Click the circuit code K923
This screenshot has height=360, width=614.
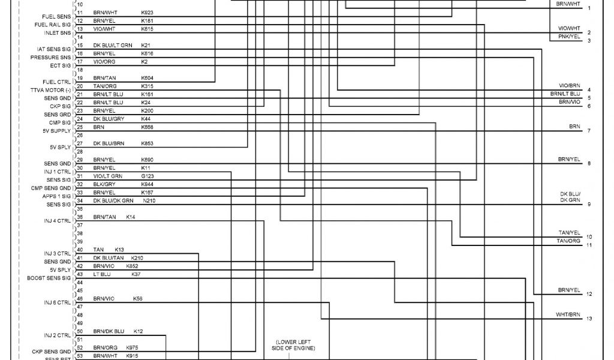pos(147,12)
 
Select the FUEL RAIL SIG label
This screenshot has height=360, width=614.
pos(53,25)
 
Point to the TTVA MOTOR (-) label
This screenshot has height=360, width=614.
pos(50,90)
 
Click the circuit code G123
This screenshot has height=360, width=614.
pos(147,176)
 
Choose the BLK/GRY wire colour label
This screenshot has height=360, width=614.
pos(103,184)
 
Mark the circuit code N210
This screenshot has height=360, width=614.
pos(149,200)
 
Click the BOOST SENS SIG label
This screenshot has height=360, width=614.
pos(49,278)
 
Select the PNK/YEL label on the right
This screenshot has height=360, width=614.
pos(569,37)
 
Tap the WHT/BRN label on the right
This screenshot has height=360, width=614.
pos(568,314)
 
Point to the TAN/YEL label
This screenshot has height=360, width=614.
pos(569,233)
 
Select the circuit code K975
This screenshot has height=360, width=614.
pos(132,347)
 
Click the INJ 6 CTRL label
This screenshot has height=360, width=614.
pos(58,302)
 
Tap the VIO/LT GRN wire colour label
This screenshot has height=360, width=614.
pos(107,176)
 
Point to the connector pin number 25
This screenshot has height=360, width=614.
pos(80,127)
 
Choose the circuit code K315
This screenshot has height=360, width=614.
pos(147,86)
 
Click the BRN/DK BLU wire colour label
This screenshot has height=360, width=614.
pos(109,331)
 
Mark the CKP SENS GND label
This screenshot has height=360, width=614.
pos(52,351)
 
